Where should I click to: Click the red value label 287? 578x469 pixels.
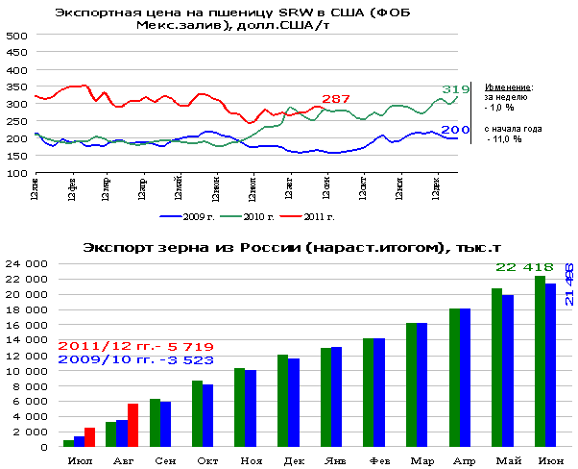pos(336,99)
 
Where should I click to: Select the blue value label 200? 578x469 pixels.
pos(455,130)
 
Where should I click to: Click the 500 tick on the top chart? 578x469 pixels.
pos(15,36)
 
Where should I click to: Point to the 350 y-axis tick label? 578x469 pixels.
pos(15,87)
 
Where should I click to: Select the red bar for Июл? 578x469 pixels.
pos(89,437)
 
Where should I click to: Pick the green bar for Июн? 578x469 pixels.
pos(540,361)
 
